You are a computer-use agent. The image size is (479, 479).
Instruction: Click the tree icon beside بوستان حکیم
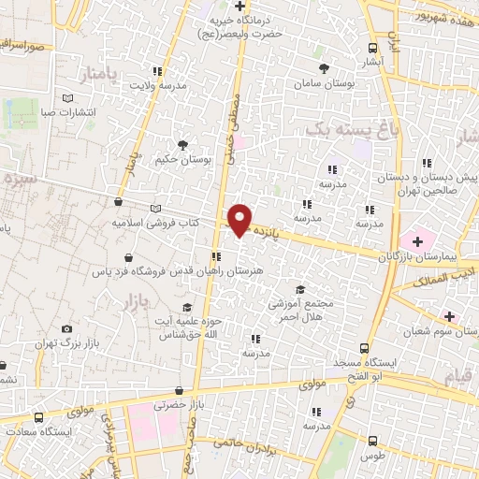click(x=182, y=144)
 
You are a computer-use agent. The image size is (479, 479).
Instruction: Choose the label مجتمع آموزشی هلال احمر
click(x=298, y=310)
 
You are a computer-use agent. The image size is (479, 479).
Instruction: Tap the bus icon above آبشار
click(x=372, y=49)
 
